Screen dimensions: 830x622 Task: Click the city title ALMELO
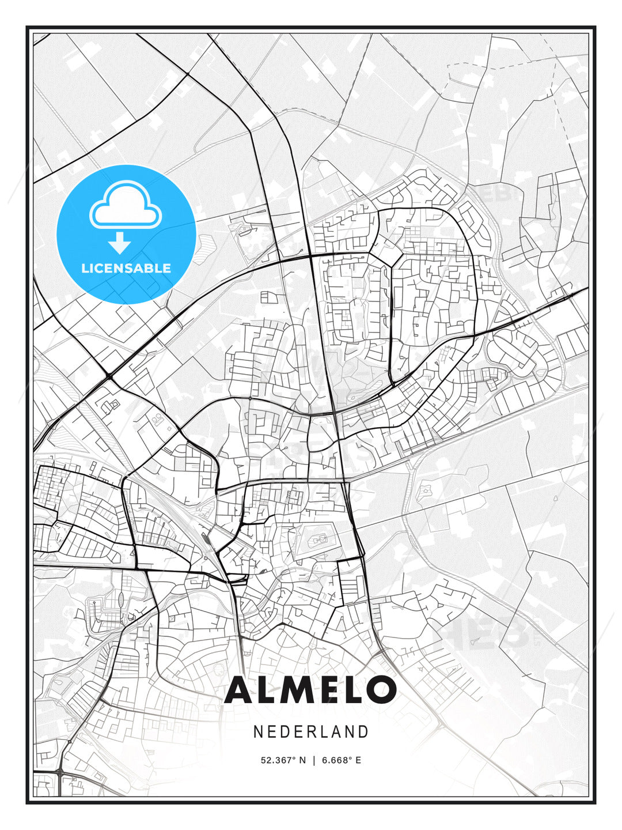311,690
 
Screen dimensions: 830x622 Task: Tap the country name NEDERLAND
311,732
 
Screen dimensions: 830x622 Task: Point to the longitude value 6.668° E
342,760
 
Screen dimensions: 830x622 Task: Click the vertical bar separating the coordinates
314,760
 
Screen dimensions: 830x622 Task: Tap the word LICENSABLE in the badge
126,268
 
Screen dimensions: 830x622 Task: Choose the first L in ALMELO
270,690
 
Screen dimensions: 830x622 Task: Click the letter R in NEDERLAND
312,732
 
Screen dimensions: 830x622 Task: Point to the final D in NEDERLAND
363,732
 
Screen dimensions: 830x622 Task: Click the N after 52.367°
303,760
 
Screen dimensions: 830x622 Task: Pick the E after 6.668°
358,760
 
